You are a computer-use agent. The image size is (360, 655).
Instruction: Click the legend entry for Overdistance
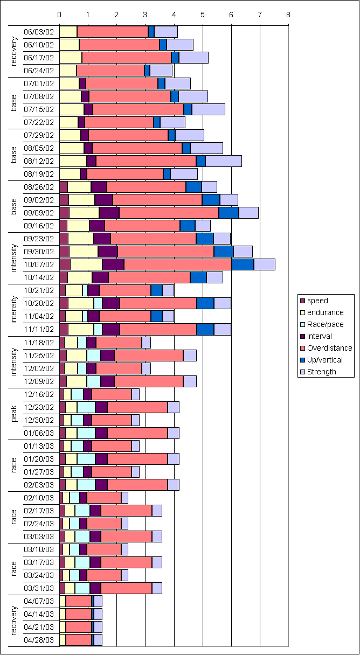(x=329, y=348)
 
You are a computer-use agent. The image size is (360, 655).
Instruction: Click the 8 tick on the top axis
(x=289, y=15)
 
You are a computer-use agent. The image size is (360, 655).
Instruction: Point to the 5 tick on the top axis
(x=203, y=15)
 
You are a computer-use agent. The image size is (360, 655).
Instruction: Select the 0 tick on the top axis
(x=59, y=15)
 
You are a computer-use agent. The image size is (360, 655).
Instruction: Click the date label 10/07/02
(x=39, y=264)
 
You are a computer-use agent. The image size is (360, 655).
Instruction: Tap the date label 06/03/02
(x=39, y=32)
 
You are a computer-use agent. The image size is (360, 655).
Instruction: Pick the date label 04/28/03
(x=39, y=639)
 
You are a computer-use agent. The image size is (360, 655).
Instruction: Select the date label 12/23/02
(x=39, y=407)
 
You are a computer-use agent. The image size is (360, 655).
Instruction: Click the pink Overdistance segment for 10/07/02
(x=178, y=264)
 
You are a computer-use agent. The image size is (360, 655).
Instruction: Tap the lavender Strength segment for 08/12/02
(x=223, y=161)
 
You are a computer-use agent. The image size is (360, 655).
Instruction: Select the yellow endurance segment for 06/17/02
(x=71, y=58)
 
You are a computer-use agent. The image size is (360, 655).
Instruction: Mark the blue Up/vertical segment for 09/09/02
(x=229, y=213)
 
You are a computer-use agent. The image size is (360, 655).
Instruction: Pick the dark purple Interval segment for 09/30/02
(x=108, y=252)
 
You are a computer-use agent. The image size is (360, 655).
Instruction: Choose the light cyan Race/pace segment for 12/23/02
(x=86, y=407)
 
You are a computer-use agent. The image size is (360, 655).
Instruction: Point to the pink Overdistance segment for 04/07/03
(x=79, y=601)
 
